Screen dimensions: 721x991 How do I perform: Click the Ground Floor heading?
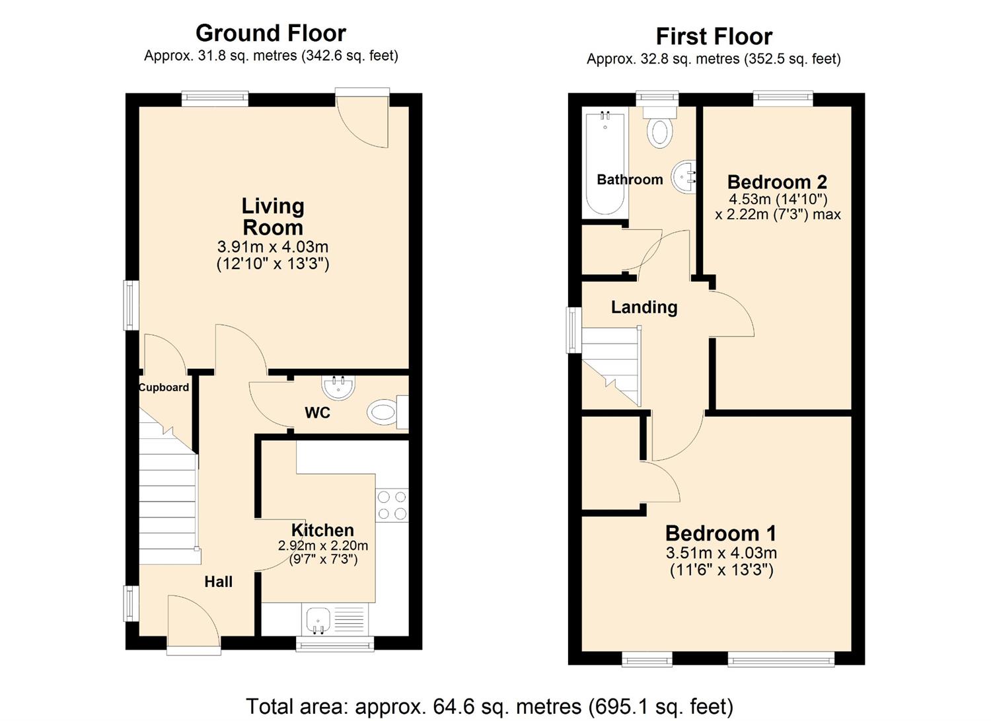pos(271,33)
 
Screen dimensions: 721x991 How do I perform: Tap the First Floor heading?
pos(714,36)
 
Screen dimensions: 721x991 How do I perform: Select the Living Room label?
pos(273,217)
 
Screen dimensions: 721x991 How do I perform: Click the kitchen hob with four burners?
pos(392,506)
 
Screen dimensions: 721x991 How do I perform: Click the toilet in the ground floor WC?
pos(383,414)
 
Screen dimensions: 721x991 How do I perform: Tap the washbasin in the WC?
pos(339,387)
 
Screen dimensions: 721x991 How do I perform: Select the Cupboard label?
pos(164,388)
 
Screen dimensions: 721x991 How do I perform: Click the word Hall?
pos(218,582)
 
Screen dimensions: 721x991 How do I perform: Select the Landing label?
pos(644,307)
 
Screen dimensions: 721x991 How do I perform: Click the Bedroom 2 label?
pos(777,182)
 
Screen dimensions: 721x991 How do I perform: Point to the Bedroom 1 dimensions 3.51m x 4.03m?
pos(721,553)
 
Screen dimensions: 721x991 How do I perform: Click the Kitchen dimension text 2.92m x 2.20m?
pos(323,546)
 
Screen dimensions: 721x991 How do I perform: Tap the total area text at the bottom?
pos(490,706)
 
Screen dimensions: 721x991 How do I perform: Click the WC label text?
pos(317,413)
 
